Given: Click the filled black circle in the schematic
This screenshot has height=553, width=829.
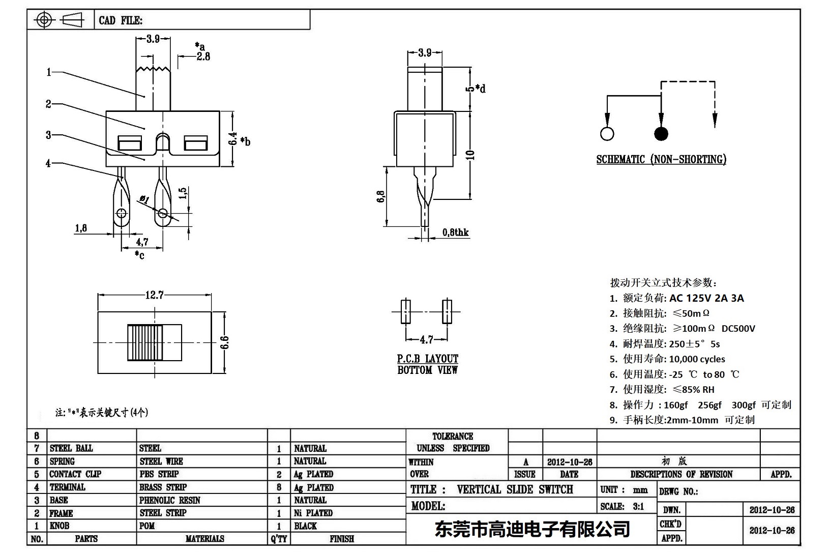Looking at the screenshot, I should coord(661,134).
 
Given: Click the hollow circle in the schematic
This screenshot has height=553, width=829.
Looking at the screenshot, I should coord(607,134).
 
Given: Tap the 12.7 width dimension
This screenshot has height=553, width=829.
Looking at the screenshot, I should coord(154,295).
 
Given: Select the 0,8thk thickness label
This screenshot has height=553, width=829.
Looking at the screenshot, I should coord(455,232).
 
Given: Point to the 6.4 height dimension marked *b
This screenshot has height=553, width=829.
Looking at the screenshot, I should coord(233,139).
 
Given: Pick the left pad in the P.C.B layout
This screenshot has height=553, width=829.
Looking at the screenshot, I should coord(405,311).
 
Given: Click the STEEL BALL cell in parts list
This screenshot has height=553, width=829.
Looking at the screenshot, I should coord(71,448).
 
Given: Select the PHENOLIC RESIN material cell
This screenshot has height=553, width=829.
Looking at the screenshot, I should coord(170,500).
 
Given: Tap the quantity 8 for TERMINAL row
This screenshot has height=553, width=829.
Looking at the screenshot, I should coord(279,487).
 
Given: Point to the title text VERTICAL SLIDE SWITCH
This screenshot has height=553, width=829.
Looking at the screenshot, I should coord(515,489).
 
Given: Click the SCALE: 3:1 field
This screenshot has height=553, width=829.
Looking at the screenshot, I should coord(622,506).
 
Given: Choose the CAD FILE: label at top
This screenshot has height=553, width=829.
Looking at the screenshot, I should coord(121,20).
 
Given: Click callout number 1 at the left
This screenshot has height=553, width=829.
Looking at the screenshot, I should coord(49,72).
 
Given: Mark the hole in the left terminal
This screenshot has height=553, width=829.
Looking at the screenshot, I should coord(121,212).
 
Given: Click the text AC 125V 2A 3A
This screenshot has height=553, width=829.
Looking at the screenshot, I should coord(706,298).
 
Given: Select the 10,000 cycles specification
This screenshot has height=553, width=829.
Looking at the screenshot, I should coord(697,359).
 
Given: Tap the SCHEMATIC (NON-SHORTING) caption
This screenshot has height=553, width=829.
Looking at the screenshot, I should coord(661,159).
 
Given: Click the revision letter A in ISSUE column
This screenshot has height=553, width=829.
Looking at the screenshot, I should coord(525,462).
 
